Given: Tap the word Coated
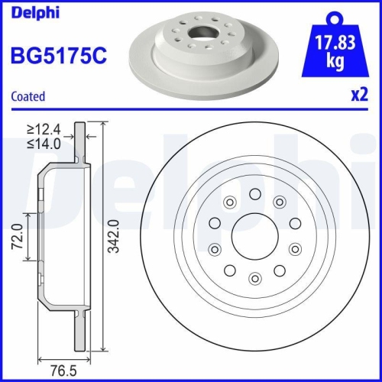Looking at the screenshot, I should click(x=28, y=96).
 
